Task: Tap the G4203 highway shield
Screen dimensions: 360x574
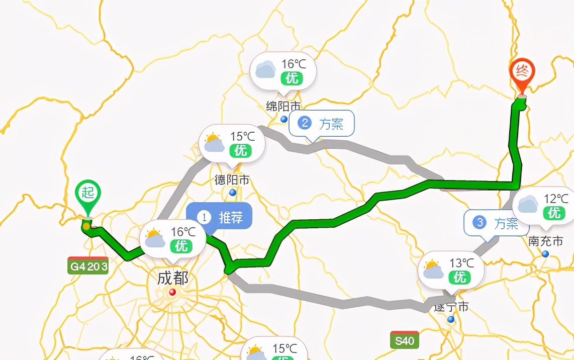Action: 88,266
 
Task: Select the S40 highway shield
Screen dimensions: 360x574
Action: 404,340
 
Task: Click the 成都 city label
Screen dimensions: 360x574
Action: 172,278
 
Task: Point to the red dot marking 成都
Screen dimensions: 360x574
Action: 172,292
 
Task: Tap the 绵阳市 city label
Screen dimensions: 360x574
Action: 283,106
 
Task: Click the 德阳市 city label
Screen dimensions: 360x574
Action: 232,179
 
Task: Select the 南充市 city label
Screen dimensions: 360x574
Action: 546,241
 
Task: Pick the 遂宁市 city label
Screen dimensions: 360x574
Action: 451,306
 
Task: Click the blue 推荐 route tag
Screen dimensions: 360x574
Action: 219,217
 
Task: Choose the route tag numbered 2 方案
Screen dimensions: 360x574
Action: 322,124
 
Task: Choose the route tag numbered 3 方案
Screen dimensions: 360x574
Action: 496,223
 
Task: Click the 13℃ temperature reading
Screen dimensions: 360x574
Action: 461,262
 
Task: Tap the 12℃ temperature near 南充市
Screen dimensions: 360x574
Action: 556,199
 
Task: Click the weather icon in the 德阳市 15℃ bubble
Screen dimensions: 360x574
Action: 214,143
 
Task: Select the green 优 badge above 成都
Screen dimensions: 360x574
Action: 181,246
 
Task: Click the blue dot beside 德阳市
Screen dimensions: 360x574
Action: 232,193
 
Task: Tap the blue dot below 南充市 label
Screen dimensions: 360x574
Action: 545,254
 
